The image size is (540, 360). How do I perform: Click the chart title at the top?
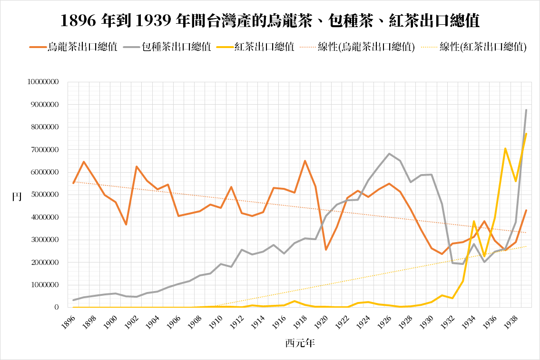pyautogui.click(x=270, y=20)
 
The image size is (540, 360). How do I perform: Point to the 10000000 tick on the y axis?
pyautogui.click(x=43, y=82)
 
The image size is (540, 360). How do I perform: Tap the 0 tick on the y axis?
pyautogui.click(x=56, y=308)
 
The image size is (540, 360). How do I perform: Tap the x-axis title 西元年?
pyautogui.click(x=300, y=342)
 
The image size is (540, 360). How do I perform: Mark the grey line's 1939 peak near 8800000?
pyautogui.click(x=526, y=110)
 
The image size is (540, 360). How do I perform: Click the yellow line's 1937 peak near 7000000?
pyautogui.click(x=505, y=148)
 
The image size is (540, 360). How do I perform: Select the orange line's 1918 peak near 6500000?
pyautogui.click(x=305, y=161)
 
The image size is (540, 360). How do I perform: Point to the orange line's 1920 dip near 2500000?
pyautogui.click(x=326, y=250)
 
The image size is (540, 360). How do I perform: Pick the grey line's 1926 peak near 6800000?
pyautogui.click(x=389, y=154)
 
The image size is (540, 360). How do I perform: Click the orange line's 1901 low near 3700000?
pyautogui.click(x=126, y=224)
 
